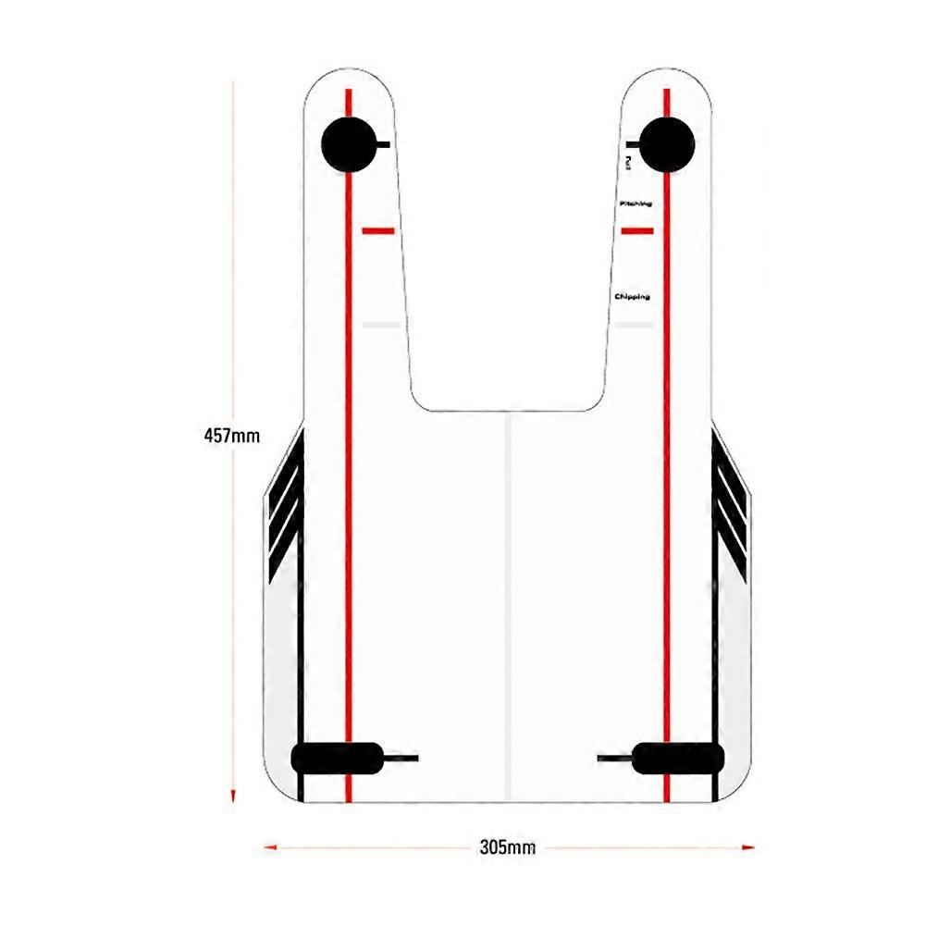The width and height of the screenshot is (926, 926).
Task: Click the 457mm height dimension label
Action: click(231, 434)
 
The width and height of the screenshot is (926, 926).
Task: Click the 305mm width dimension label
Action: click(508, 846)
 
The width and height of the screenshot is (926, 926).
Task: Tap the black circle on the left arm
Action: click(348, 144)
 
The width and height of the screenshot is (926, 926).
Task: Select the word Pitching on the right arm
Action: click(636, 203)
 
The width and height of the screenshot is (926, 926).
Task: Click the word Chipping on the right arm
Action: click(632, 297)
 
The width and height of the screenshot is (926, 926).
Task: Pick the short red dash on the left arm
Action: click(377, 230)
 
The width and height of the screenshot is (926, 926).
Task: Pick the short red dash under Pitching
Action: click(637, 230)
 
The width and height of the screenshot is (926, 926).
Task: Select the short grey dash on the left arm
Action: click(380, 325)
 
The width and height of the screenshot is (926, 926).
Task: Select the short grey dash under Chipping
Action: click(635, 325)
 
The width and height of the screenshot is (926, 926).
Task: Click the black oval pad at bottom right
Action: click(675, 758)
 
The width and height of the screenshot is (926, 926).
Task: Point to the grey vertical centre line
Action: click(508, 601)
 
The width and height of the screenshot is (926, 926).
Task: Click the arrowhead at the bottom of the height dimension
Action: click(234, 796)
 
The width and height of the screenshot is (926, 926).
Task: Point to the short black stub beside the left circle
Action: click(384, 144)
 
